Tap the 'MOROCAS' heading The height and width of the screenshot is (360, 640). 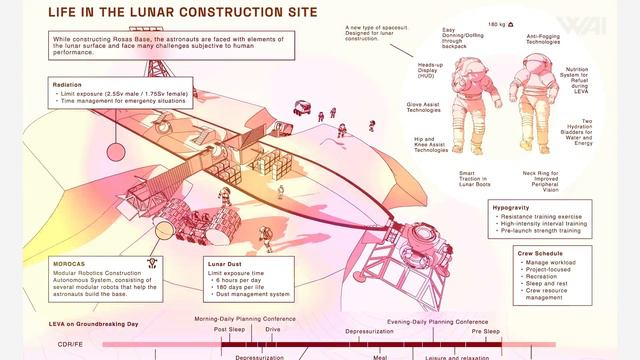[x=71, y=264]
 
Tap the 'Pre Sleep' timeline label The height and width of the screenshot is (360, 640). [x=486, y=329]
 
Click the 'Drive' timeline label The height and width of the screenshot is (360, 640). [x=273, y=329]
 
